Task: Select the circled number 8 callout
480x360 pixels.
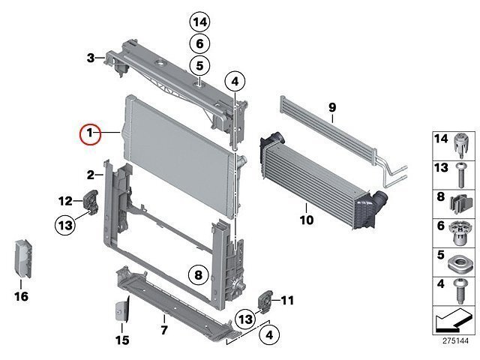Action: coord(197,276)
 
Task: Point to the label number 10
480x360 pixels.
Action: coord(307,220)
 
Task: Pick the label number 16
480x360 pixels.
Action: coord(21,297)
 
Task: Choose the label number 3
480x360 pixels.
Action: coord(90,58)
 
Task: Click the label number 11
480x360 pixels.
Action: coord(287,301)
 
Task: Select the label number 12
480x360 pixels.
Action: coord(66,200)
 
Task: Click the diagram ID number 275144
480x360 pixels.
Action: coord(454,340)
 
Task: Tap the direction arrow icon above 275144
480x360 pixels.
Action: coord(453,322)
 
